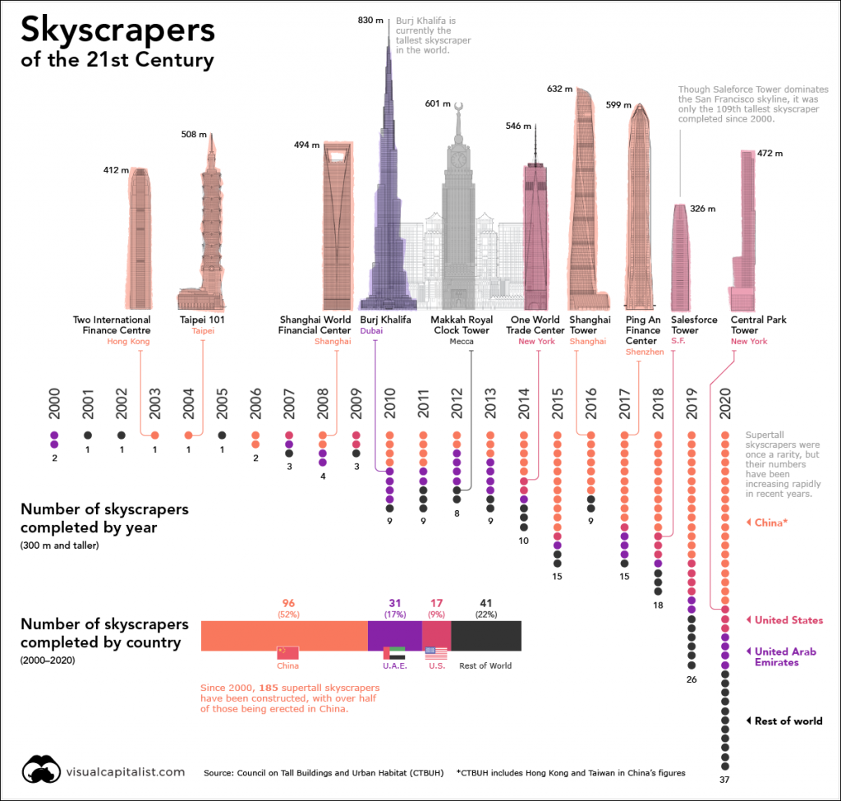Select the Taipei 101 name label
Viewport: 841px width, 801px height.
point(202,320)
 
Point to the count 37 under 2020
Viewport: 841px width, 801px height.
point(724,779)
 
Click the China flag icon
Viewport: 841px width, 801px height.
point(287,653)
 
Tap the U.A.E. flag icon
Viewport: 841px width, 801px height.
point(395,653)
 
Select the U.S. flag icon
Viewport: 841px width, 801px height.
point(436,653)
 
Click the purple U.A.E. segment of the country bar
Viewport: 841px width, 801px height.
point(395,634)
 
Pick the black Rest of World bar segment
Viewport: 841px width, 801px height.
point(486,634)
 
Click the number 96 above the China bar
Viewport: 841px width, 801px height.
point(287,602)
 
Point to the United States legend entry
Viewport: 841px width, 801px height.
point(788,620)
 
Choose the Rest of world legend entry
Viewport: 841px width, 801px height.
point(788,720)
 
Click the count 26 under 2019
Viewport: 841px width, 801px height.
point(692,679)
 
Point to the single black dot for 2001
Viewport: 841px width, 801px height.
point(88,435)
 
